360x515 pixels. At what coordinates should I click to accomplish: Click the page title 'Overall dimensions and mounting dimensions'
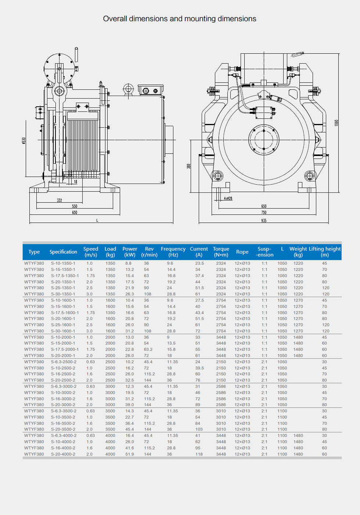(180, 19)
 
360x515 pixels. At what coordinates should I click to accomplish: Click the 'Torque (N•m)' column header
(221, 252)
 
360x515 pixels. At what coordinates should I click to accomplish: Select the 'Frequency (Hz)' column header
(173, 252)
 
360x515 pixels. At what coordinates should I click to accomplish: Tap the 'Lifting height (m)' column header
(325, 252)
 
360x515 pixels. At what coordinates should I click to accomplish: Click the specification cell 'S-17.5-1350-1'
(65, 276)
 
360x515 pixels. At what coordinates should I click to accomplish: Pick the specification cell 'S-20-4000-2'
(63, 454)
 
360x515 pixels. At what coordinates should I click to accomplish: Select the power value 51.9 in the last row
(130, 454)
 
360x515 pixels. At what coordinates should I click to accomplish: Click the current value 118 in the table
(199, 454)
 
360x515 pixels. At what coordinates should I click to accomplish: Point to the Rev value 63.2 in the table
(148, 349)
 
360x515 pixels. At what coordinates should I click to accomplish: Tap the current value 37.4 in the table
(199, 276)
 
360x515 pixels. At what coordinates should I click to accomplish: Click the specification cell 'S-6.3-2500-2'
(64, 362)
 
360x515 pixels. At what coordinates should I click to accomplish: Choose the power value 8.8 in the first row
(128, 263)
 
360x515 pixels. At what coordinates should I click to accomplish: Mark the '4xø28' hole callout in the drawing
(228, 198)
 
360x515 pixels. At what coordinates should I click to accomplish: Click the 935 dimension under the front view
(264, 221)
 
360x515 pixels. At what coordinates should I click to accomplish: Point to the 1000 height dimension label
(336, 122)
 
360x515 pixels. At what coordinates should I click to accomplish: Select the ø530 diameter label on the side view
(24, 141)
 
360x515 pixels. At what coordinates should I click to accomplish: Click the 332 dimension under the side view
(60, 200)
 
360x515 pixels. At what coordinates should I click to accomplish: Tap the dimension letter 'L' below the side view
(97, 220)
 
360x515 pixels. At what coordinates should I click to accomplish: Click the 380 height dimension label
(189, 166)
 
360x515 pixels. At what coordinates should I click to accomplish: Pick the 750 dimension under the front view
(264, 213)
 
